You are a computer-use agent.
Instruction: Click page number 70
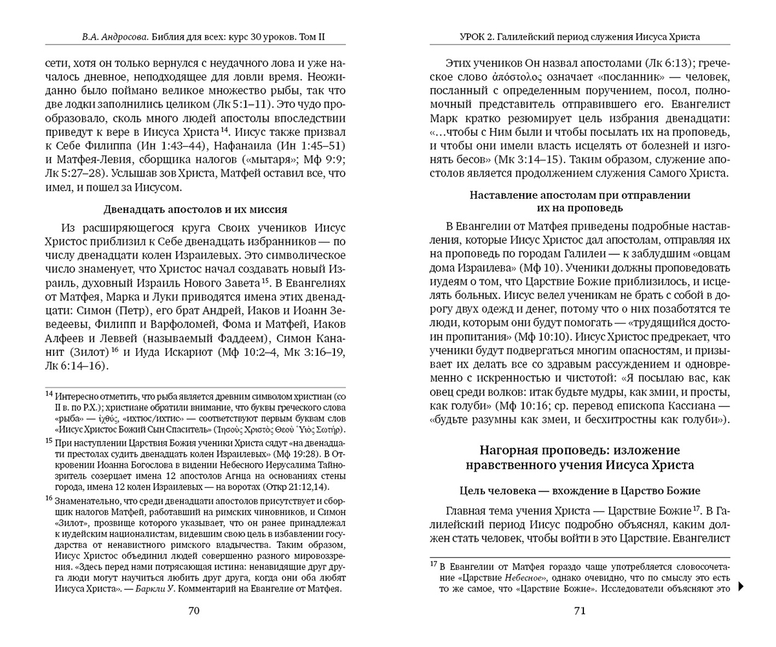pos(193,611)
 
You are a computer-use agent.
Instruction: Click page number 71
pos(579,611)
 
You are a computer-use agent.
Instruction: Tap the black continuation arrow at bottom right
pos(741,586)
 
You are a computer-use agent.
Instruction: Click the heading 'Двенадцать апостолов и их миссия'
pos(195,210)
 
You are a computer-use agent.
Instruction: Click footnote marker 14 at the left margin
pos(48,394)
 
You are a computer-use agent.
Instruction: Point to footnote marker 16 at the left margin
pos(48,499)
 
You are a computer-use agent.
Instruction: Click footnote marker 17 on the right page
pos(434,564)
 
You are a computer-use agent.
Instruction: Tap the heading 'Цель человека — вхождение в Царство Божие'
pos(579,491)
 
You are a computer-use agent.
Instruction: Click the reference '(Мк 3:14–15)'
pos(539,159)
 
